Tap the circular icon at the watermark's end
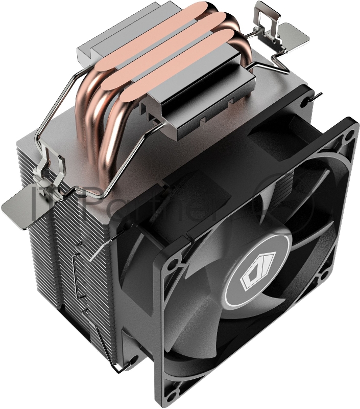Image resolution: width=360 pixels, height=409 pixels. pos(286,202)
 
